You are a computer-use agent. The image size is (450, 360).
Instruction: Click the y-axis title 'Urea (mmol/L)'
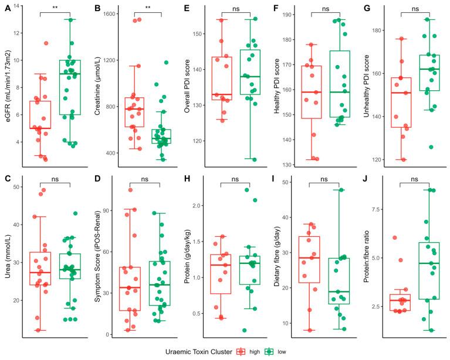pos(7,258)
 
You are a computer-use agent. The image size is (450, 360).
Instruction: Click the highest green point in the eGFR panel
pos(72,19)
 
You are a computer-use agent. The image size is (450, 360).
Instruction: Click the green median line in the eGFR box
pos(70,73)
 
